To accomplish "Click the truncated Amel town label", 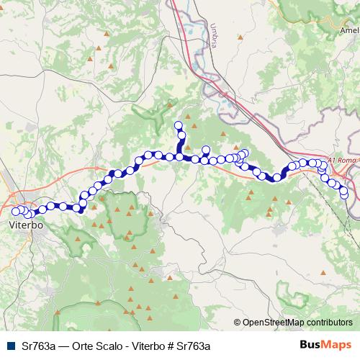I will (x=350, y=31).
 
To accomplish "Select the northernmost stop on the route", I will (x=179, y=125).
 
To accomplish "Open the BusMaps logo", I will (x=325, y=345).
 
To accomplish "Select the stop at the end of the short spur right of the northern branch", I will (x=206, y=150).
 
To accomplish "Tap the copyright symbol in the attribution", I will (x=237, y=323).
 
